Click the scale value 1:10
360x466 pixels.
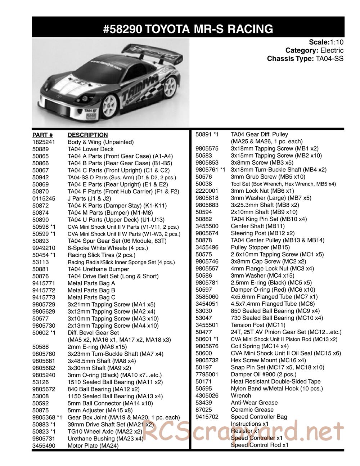(336, 42)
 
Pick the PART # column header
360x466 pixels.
(42, 135)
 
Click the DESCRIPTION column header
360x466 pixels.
(87, 135)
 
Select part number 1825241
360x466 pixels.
(43, 142)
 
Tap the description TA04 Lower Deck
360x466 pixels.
(90, 149)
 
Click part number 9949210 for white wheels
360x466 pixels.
(43, 248)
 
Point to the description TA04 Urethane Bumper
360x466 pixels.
(98, 269)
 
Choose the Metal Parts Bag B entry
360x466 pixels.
(91, 290)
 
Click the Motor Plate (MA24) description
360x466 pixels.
(93, 445)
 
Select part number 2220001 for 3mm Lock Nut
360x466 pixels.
(207, 191)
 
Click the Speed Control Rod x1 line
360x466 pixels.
(260, 445)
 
